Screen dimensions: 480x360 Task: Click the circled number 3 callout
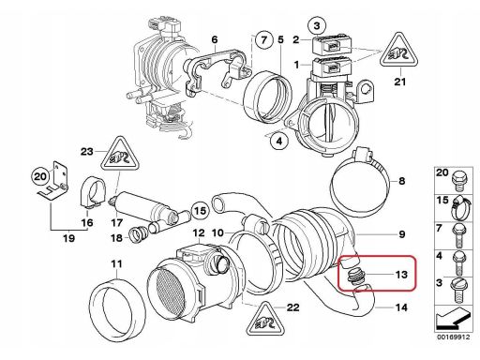(x=317, y=25)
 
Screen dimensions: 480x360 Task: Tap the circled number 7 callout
(x=264, y=40)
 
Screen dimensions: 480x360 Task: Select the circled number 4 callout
(x=279, y=141)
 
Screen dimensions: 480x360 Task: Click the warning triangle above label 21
(x=399, y=52)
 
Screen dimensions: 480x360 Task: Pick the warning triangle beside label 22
(x=265, y=321)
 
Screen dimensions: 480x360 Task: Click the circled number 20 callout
(x=40, y=176)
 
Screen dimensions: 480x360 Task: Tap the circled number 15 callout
(x=200, y=211)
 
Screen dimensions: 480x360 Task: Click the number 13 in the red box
(x=401, y=275)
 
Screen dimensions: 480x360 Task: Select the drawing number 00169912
(x=453, y=337)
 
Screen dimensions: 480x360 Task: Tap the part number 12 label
(x=199, y=233)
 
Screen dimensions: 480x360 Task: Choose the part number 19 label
(x=69, y=238)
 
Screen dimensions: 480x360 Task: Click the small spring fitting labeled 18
(x=138, y=235)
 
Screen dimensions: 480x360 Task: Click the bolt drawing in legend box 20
(x=457, y=181)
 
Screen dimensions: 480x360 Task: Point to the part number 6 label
(x=215, y=40)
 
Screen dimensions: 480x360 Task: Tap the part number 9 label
(x=402, y=234)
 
